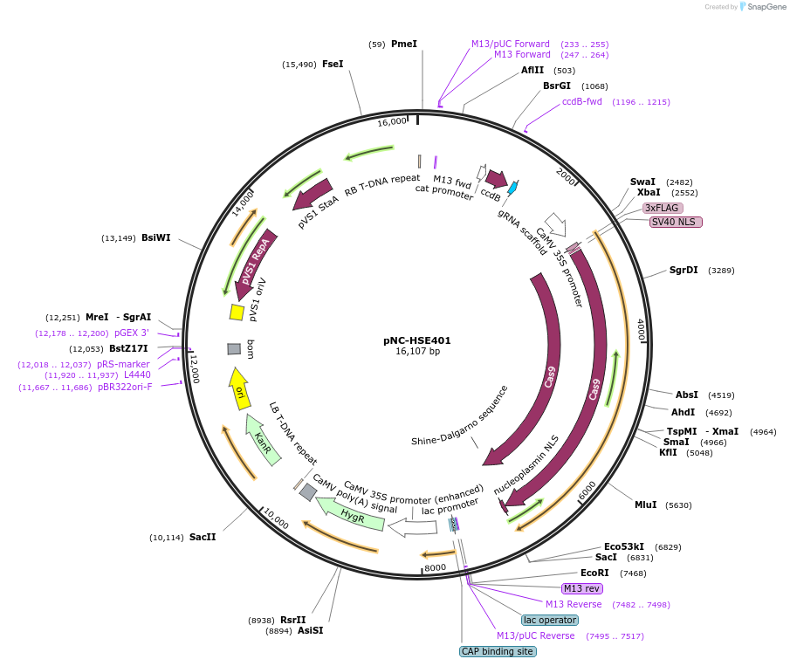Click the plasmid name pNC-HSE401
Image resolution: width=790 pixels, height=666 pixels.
click(417, 340)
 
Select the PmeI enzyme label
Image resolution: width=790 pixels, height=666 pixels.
click(404, 44)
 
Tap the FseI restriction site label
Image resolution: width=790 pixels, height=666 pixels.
click(333, 64)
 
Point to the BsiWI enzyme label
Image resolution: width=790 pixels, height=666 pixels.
click(156, 237)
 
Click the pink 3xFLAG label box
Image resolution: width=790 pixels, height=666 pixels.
click(663, 208)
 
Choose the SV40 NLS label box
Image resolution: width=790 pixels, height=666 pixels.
click(675, 222)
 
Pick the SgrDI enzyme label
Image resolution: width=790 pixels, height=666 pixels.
click(684, 270)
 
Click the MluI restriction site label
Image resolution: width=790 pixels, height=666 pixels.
click(646, 505)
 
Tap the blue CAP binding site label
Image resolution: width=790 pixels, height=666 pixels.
click(497, 651)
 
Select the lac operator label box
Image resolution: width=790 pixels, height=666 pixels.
click(550, 620)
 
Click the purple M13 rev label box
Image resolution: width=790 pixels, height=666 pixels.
click(582, 588)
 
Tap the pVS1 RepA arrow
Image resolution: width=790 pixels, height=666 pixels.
click(256, 265)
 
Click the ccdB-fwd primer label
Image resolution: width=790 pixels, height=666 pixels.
click(582, 101)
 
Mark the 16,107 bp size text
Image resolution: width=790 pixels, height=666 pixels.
click(417, 352)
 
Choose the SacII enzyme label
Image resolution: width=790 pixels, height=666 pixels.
click(203, 537)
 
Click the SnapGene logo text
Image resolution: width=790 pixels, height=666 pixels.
click(766, 7)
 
